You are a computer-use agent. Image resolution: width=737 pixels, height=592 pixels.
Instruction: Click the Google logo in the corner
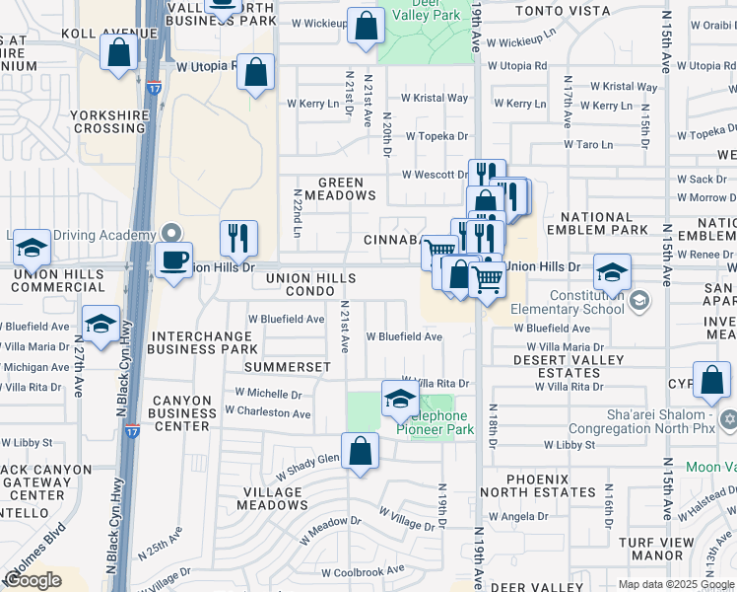(33, 580)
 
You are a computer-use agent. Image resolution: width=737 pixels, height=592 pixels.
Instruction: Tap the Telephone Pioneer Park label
(435, 422)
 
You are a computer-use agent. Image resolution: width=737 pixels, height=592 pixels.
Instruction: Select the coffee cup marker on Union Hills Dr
(174, 260)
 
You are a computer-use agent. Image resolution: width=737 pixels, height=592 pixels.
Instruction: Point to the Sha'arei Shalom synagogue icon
(728, 420)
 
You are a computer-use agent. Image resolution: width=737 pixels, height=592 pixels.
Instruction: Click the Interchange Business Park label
(204, 342)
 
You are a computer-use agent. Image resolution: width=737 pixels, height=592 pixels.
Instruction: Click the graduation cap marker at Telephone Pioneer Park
(400, 399)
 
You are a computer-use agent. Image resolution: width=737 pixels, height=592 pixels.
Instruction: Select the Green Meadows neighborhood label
(341, 188)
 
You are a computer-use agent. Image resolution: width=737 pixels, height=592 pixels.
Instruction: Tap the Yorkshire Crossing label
(109, 121)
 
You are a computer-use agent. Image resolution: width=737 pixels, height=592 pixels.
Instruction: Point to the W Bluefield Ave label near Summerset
(286, 320)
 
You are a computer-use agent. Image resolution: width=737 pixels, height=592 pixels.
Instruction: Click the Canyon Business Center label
(181, 412)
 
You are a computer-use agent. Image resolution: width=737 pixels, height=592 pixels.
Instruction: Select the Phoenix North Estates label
(538, 485)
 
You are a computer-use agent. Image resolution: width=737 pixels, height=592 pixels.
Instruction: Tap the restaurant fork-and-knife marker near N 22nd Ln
(238, 237)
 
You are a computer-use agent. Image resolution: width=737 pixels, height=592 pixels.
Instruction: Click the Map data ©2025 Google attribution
(676, 584)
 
